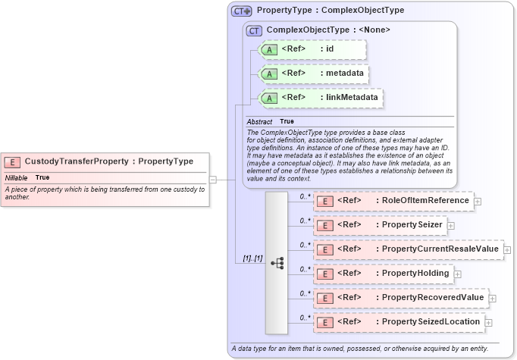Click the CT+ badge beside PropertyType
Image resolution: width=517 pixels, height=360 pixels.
tap(242, 11)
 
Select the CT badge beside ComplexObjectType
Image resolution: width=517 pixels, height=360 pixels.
tap(255, 30)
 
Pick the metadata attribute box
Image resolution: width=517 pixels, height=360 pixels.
tap(314, 74)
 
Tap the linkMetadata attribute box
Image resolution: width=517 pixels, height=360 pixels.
tap(321, 98)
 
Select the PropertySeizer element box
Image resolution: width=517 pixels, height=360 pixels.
tap(379, 225)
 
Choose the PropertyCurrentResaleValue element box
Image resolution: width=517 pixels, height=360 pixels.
tap(407, 249)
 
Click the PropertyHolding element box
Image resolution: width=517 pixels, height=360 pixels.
tap(383, 274)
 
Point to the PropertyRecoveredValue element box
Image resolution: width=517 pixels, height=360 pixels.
tap(399, 299)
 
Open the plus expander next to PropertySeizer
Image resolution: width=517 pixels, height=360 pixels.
tap(451, 226)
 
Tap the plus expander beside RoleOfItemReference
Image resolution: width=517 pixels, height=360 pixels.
tap(478, 202)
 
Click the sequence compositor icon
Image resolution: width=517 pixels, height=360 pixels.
tap(277, 262)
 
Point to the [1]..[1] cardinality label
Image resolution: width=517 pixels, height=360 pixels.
tap(252, 258)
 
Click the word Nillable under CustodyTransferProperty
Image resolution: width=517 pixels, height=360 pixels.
tap(16, 177)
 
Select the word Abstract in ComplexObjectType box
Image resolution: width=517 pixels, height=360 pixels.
tap(259, 121)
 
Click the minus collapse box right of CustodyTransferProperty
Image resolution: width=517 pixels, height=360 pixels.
tap(213, 180)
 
